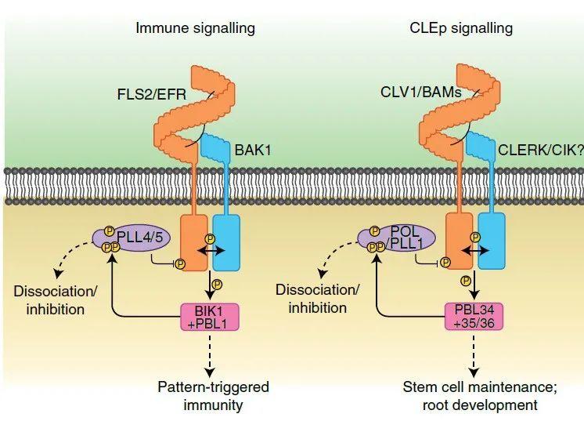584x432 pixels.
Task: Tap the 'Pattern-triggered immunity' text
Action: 213,396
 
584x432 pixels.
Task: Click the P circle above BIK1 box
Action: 217,283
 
